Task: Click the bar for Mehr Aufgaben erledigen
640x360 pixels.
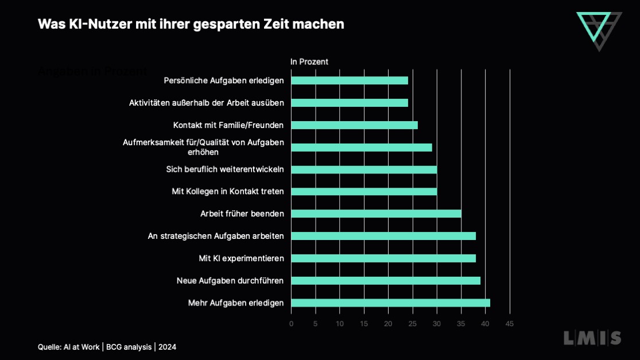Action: (390, 303)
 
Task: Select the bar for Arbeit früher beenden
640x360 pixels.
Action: (376, 214)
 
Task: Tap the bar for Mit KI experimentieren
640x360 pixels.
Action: (383, 258)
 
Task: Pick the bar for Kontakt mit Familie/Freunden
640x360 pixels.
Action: (354, 125)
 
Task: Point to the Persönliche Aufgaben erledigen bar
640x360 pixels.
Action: (350, 80)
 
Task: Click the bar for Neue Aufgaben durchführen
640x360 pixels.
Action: (386, 281)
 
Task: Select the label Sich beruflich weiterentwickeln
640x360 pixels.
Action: (225, 169)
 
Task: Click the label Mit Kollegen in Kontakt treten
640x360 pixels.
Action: (228, 191)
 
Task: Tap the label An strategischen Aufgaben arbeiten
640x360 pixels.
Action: (216, 236)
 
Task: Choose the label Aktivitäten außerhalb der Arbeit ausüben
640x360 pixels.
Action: (207, 103)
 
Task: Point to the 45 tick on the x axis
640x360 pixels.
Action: (509, 324)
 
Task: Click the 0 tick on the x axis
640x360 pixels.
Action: (291, 324)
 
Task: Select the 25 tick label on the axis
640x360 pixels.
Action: (412, 324)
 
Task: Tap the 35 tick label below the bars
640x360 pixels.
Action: (461, 324)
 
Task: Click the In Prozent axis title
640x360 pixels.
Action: (309, 61)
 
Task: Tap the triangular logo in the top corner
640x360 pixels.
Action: (599, 30)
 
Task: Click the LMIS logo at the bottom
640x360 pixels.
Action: (592, 338)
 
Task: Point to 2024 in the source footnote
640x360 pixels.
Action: (168, 347)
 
